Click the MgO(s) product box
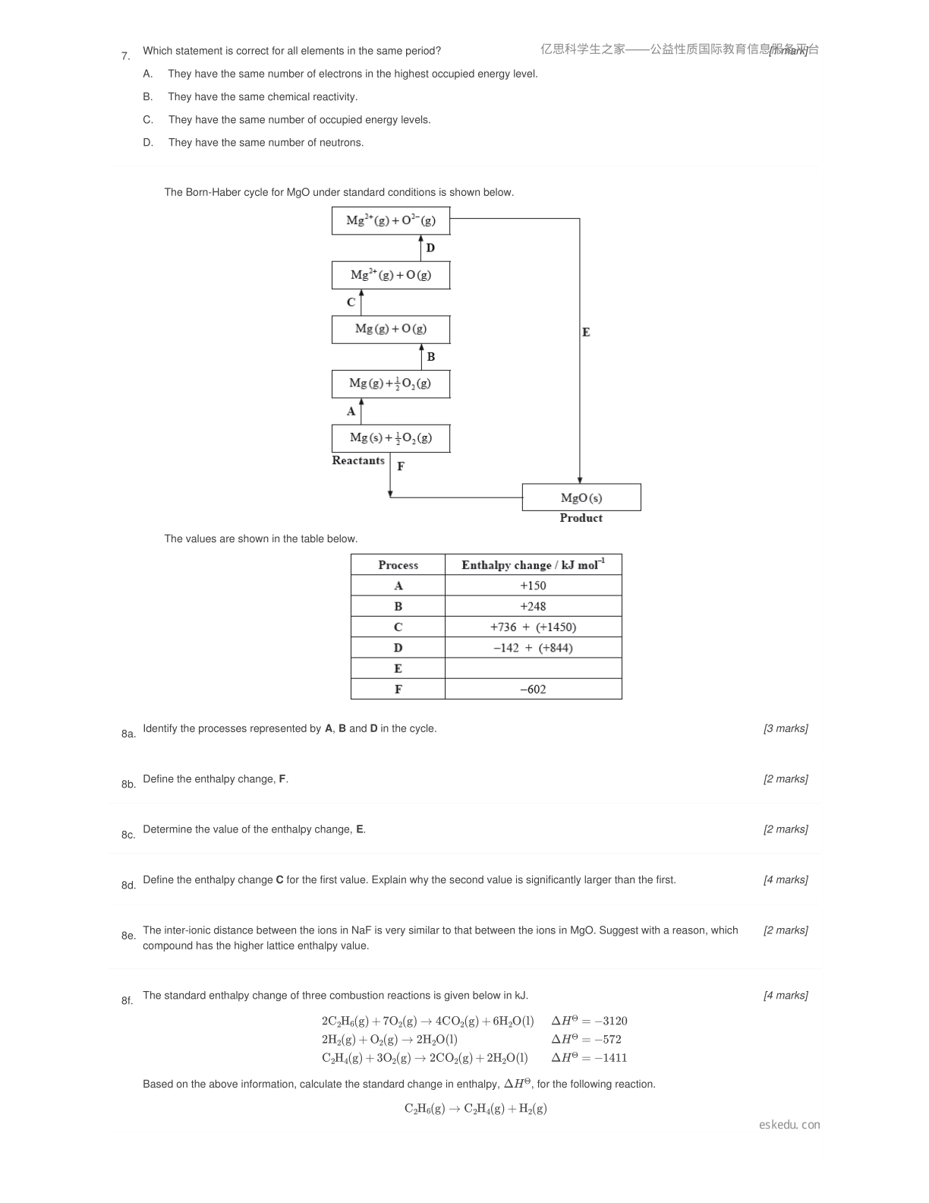point(581,497)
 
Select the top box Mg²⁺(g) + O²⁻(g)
point(391,220)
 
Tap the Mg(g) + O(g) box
point(391,330)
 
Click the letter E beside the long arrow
point(586,332)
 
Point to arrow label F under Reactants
point(401,466)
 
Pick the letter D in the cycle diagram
point(430,248)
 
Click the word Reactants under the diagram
point(358,460)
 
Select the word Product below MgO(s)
point(581,518)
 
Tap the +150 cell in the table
point(533,585)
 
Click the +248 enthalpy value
point(533,606)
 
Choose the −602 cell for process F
point(533,689)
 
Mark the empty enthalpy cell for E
point(533,668)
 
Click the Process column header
point(398,565)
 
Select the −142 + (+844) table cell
point(533,648)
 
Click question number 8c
point(128,835)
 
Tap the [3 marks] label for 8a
point(786,728)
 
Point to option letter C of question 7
point(148,119)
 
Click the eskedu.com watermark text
point(789,1124)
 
